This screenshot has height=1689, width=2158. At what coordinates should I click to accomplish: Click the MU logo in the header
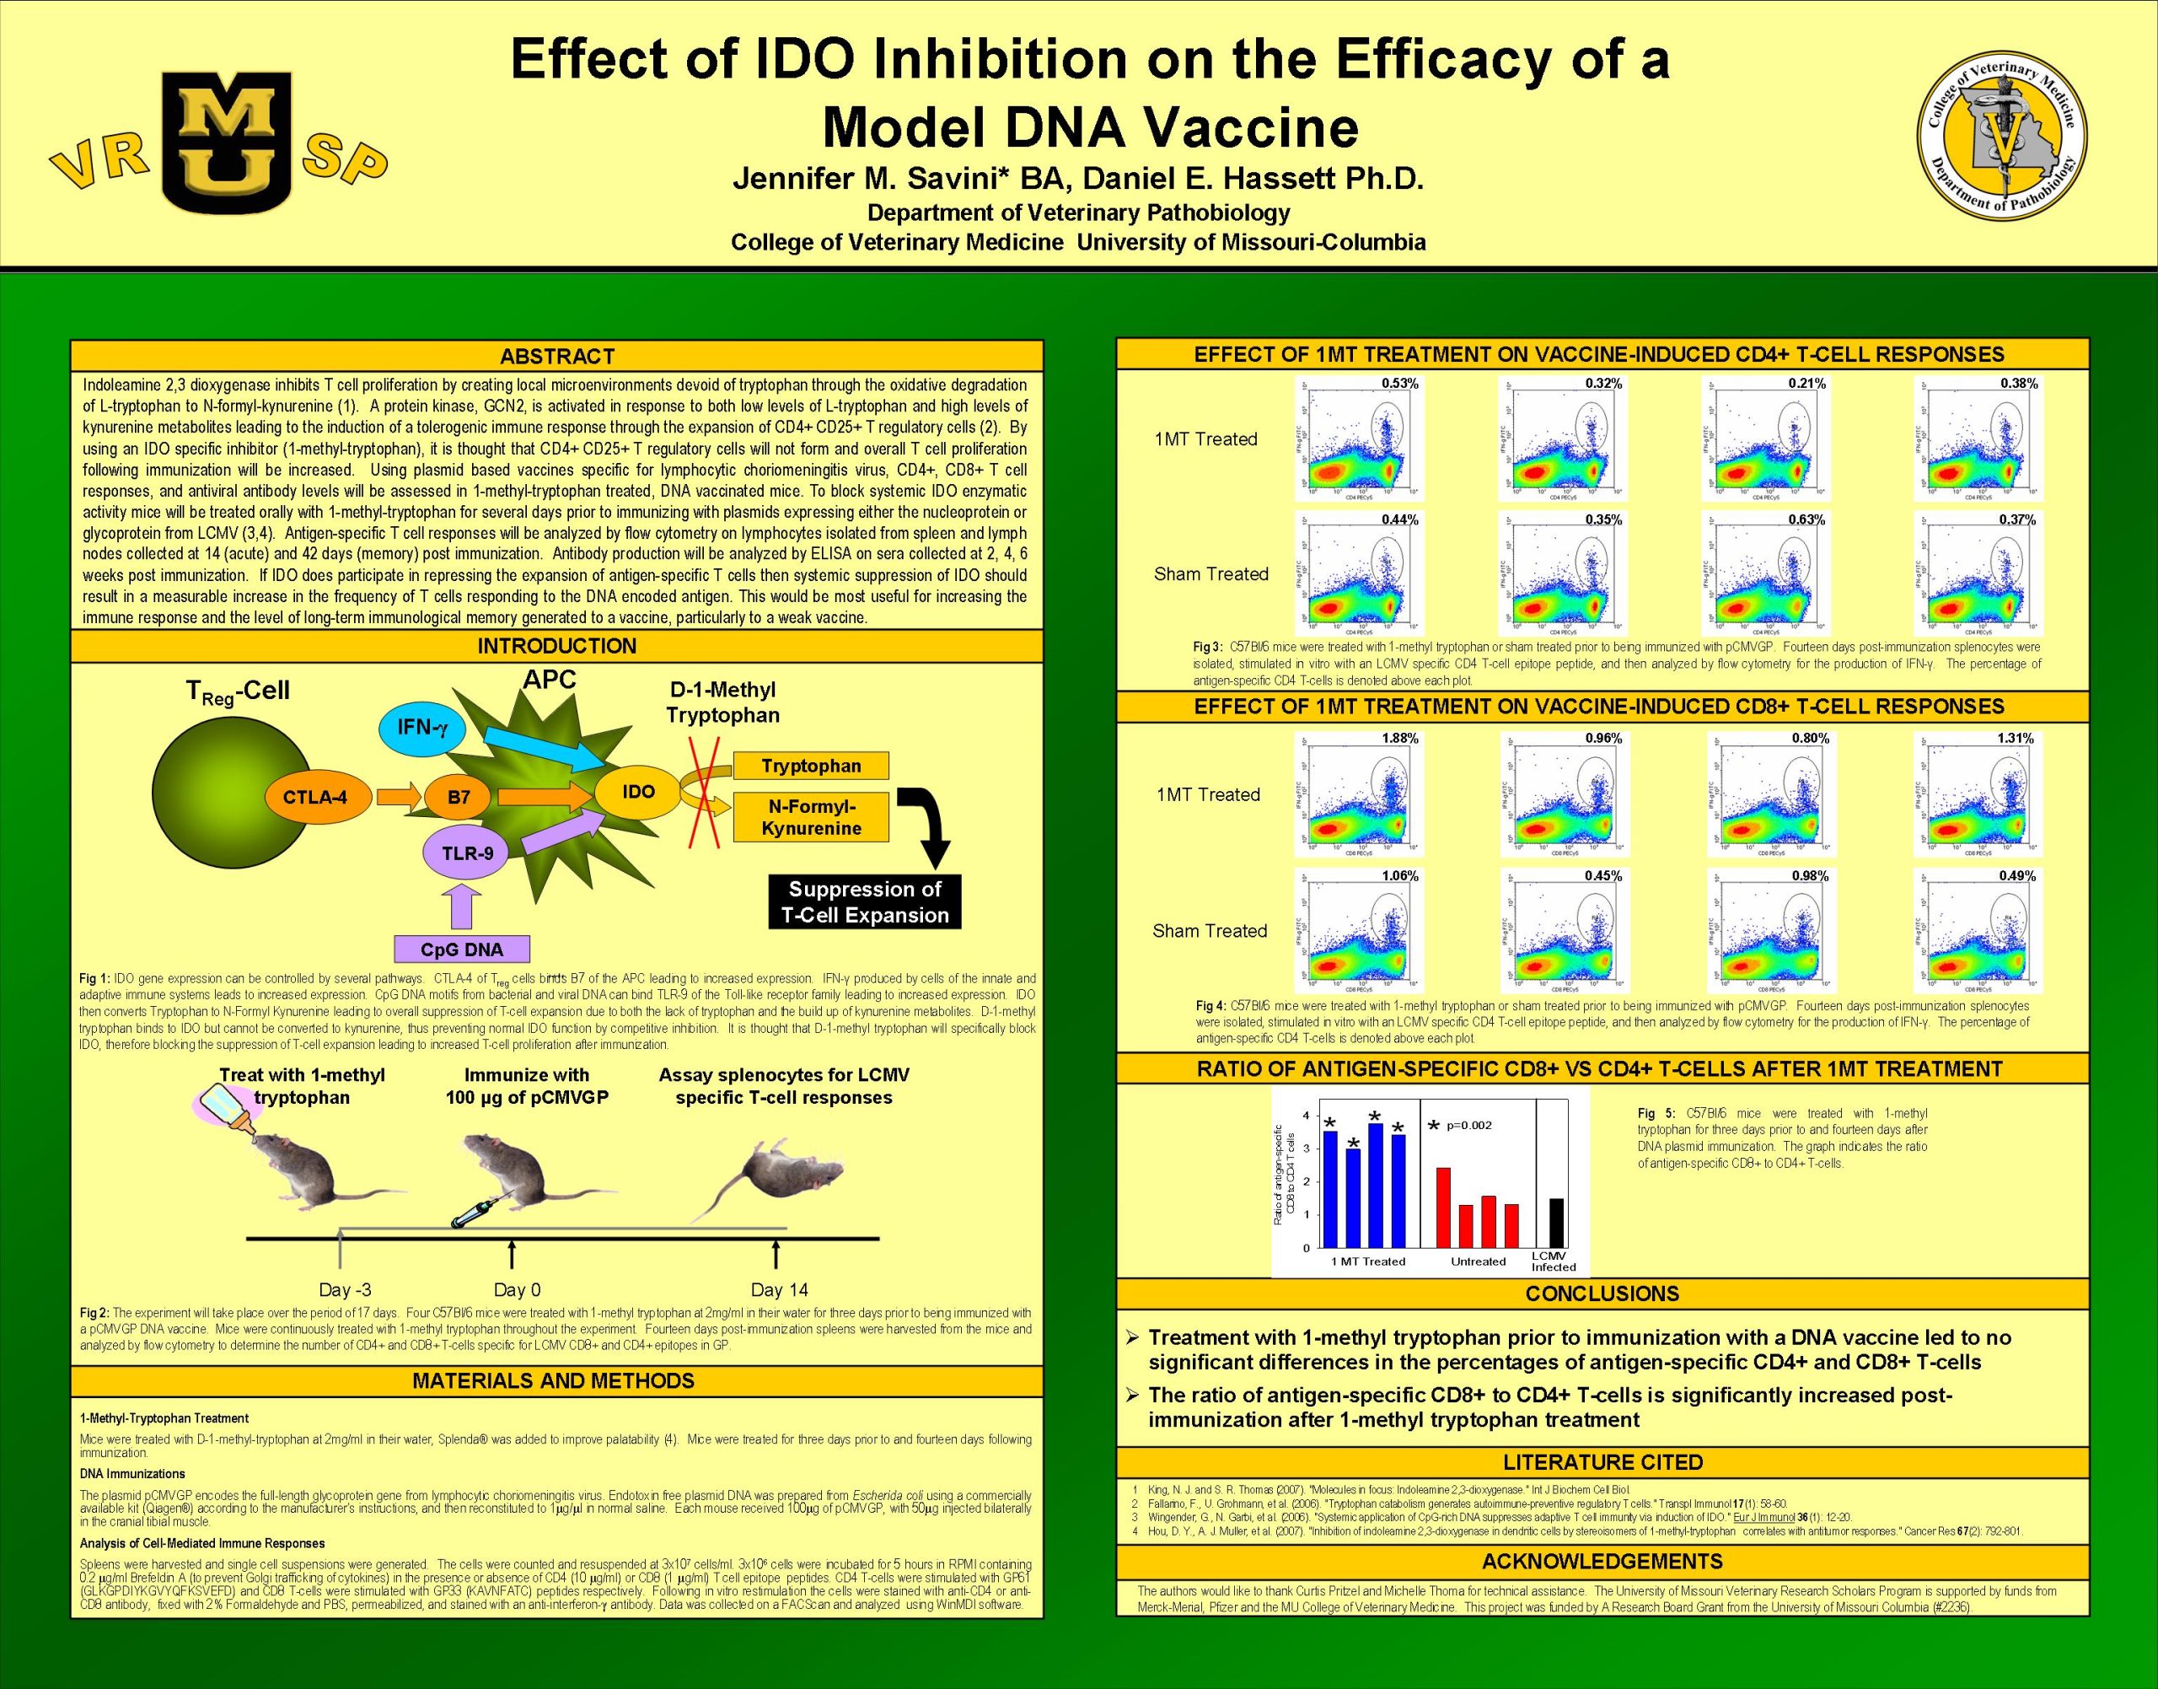(227, 143)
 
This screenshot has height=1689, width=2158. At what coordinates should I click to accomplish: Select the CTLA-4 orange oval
(315, 797)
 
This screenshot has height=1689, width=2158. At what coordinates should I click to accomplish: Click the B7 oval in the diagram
(459, 797)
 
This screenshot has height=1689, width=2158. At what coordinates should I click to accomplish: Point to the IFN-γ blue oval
(422, 727)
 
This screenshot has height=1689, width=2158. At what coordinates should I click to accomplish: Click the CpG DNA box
(462, 949)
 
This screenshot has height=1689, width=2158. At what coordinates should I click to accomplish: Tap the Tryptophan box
(811, 766)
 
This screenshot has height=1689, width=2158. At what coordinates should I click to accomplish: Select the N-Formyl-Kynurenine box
(811, 818)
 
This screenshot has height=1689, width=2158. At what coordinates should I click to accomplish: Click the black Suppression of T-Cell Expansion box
(865, 902)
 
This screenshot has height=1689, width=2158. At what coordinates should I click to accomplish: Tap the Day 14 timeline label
(779, 1289)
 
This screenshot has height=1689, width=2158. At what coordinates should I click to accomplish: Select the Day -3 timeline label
(345, 1289)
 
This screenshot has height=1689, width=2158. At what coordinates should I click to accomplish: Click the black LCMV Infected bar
(1556, 1224)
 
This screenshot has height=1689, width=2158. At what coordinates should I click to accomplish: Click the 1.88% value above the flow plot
(1400, 738)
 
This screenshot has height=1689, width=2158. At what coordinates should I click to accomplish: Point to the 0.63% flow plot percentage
(1806, 519)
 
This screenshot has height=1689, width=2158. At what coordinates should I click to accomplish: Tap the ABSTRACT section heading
(556, 356)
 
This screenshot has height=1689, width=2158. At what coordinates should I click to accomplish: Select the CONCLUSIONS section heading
(1602, 1294)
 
